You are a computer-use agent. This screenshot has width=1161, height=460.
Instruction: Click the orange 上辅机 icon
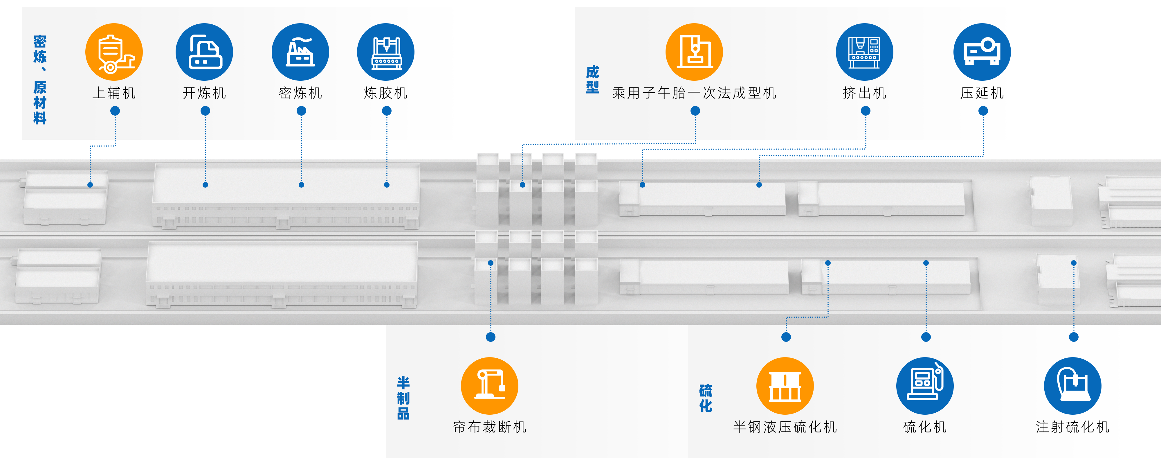tap(114, 52)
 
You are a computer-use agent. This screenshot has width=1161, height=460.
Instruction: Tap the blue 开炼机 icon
tap(204, 52)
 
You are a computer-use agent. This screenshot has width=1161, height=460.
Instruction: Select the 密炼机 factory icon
tap(300, 52)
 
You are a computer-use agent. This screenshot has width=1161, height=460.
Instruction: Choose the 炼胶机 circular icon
tap(385, 52)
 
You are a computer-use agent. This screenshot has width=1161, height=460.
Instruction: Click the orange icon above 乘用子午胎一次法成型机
tap(694, 52)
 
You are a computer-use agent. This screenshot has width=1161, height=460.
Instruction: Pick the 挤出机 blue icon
tap(864, 52)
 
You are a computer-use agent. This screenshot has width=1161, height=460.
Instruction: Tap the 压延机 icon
tap(982, 52)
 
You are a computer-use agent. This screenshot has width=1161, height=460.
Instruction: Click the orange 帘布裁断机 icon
tap(489, 386)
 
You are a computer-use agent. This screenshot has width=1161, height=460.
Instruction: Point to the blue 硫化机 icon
tap(925, 386)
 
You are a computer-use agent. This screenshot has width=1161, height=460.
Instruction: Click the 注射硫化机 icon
tap(1073, 386)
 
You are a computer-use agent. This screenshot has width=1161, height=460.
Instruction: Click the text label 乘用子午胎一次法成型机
tap(694, 93)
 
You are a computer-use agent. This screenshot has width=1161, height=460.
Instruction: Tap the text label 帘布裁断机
tap(489, 427)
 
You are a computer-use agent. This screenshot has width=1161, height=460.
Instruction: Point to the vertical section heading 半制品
tap(403, 398)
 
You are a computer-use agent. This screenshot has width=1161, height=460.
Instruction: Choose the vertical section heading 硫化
tap(706, 398)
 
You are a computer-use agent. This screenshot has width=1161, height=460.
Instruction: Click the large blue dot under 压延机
tap(983, 111)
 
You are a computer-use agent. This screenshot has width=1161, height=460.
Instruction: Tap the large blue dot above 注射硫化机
tap(1074, 337)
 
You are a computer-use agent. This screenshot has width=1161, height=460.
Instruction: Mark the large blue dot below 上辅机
tap(116, 111)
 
